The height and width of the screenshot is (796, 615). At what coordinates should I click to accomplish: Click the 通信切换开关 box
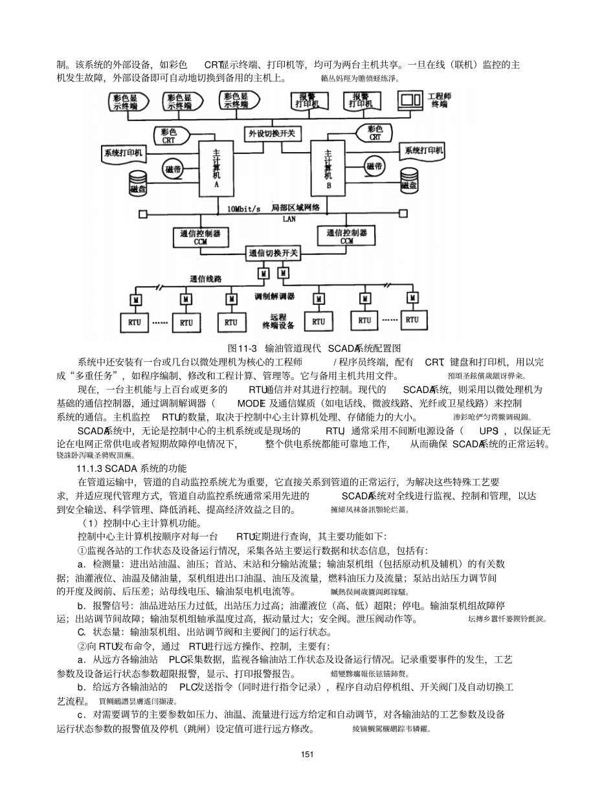[273, 253]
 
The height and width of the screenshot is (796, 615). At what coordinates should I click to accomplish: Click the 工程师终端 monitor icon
[410, 100]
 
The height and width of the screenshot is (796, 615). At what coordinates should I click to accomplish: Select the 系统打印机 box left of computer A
[123, 153]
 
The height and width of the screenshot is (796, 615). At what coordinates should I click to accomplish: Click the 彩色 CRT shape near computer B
[375, 133]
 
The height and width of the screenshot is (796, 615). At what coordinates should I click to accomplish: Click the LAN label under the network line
[289, 219]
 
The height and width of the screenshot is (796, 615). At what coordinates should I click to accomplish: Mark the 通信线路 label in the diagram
[206, 279]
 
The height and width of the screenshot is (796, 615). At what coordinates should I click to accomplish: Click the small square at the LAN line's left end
[140, 214]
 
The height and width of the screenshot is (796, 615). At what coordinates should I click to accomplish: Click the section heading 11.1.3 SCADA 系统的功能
[131, 468]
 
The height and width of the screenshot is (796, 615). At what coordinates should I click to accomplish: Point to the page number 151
[307, 754]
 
